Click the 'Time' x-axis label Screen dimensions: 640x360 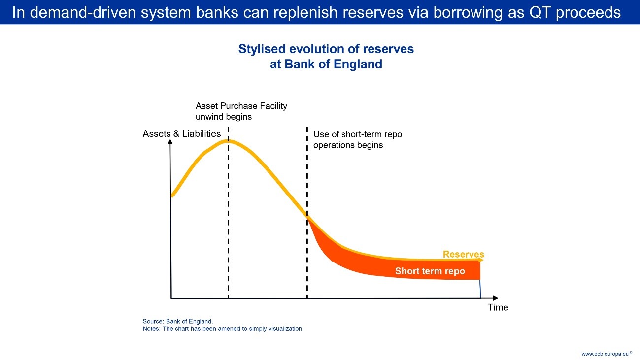coord(498,307)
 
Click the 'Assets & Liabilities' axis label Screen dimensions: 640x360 coord(182,133)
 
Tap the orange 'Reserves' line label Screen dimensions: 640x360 coord(464,254)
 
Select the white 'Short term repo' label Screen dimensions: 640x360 coord(430,271)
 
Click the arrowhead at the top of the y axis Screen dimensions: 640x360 coord(170,142)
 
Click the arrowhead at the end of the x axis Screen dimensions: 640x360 coord(496,298)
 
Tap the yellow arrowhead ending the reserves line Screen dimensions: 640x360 coord(481,260)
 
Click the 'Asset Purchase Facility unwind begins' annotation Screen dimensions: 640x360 coord(241,111)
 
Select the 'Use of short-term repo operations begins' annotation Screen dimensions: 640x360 coord(357,139)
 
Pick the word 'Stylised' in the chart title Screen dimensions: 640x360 coord(262,49)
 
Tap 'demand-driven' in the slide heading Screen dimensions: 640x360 coord(83,13)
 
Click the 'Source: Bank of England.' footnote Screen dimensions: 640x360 coord(178,321)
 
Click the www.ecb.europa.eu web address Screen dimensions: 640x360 coord(605,354)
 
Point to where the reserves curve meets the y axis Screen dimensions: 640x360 coord(172,196)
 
